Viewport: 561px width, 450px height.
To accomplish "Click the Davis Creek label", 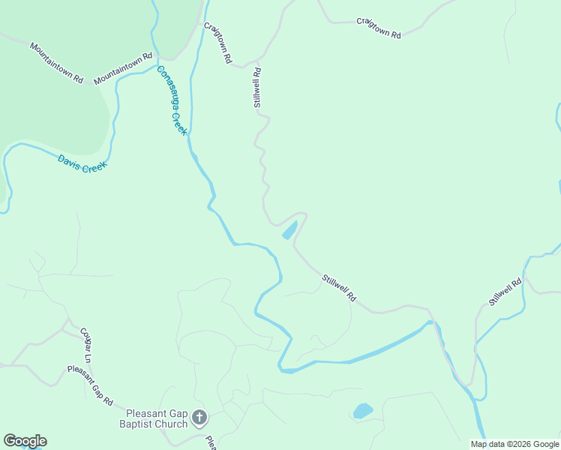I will coord(82,163).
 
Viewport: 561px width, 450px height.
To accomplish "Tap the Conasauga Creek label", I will coord(172,100).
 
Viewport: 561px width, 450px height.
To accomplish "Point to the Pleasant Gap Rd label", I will coord(89,385).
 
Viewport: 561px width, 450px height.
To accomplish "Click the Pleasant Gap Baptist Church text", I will coord(157,418).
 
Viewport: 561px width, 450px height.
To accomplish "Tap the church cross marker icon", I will coord(199,418).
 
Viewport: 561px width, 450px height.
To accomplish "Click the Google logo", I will coord(25,441).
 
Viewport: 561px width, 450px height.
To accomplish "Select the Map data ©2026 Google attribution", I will coord(514,444).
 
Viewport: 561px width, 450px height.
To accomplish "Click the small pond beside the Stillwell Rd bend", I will coord(289,230).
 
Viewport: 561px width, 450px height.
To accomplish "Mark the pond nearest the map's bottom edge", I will coord(363,411).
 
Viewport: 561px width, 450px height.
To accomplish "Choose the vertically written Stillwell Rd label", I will coord(257,88).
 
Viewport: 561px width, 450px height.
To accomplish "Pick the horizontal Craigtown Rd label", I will coord(379,28).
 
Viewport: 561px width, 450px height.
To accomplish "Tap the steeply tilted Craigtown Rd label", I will coord(218,42).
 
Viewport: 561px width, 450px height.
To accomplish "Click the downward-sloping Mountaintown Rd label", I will coord(56,62).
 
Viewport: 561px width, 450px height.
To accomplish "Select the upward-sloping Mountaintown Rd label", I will coord(123,68).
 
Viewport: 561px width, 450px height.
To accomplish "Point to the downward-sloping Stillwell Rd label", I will coord(339,289).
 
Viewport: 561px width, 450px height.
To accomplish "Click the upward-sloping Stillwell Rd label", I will coord(505,292).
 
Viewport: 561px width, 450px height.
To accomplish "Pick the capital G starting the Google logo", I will coord(10,441).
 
